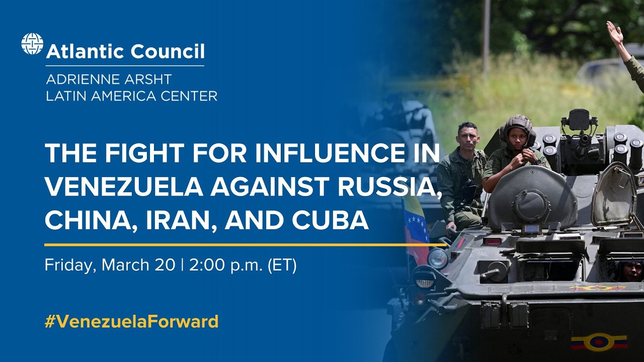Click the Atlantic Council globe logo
[x=32, y=44]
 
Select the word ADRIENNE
[x=80, y=79]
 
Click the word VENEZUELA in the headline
[x=123, y=187]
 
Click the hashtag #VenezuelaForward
[x=131, y=321]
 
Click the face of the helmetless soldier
[x=467, y=136]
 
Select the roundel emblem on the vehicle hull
[x=599, y=342]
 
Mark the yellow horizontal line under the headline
[x=245, y=245]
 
